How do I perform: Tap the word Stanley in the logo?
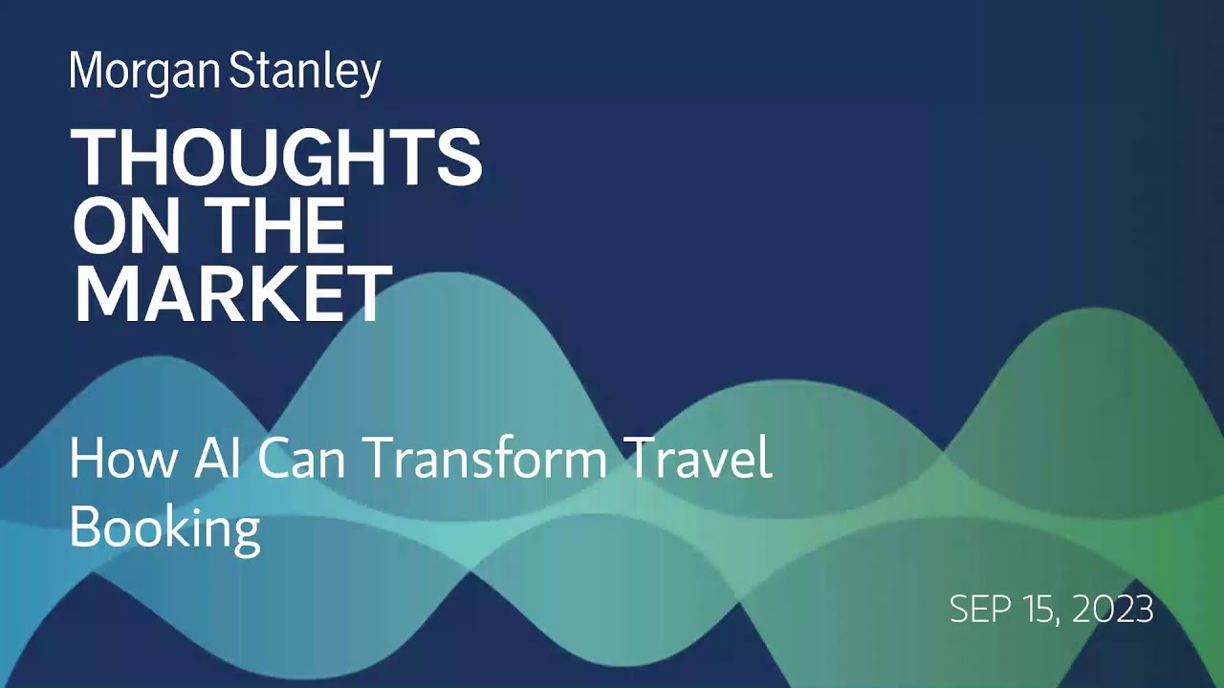(305, 73)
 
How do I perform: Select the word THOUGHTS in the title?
(276, 159)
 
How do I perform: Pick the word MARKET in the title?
(232, 294)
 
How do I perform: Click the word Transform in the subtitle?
(485, 460)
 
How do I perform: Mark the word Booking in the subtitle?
(164, 527)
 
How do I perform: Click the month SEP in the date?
(982, 610)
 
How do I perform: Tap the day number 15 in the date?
(1046, 610)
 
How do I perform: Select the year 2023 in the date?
(1114, 610)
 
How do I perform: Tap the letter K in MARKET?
(280, 294)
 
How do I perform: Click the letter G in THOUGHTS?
(317, 159)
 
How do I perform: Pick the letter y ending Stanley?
(372, 76)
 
